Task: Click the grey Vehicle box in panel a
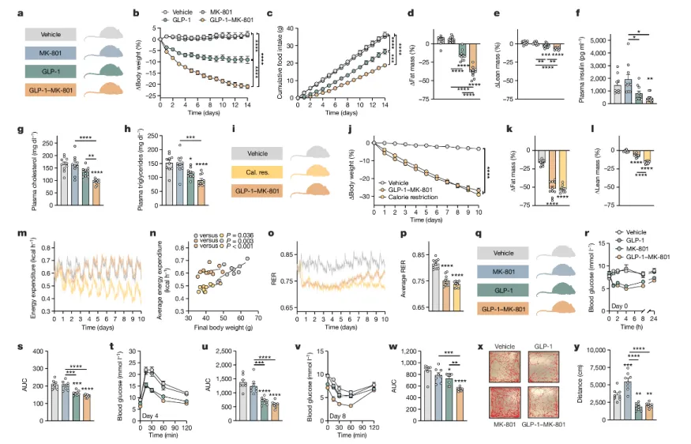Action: (x=51, y=35)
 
